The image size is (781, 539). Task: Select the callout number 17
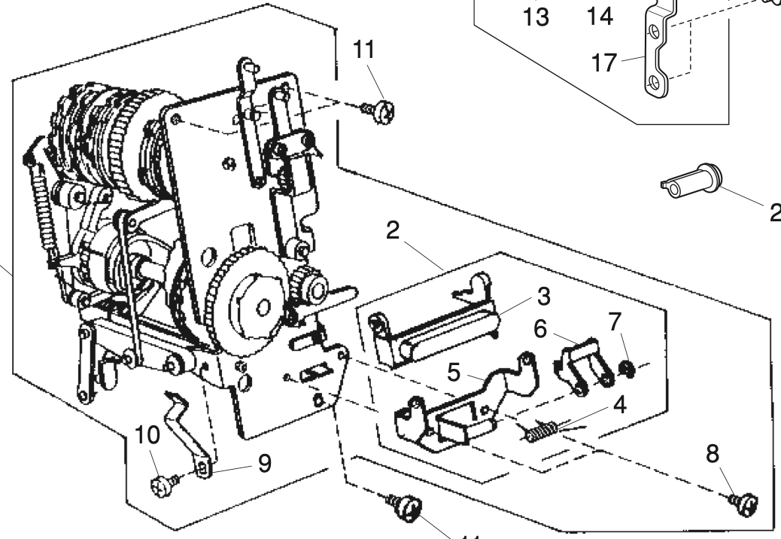pos(604,63)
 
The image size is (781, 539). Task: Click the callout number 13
pos(536,17)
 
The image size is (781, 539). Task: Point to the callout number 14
pos(599,15)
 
